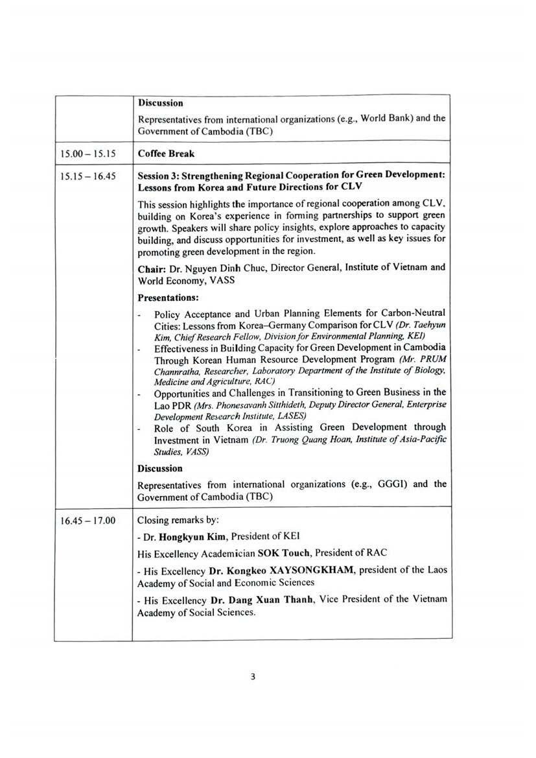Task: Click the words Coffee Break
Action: (x=167, y=154)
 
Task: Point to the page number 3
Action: (x=253, y=677)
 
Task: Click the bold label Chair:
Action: (x=153, y=268)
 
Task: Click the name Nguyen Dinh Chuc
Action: (x=204, y=268)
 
